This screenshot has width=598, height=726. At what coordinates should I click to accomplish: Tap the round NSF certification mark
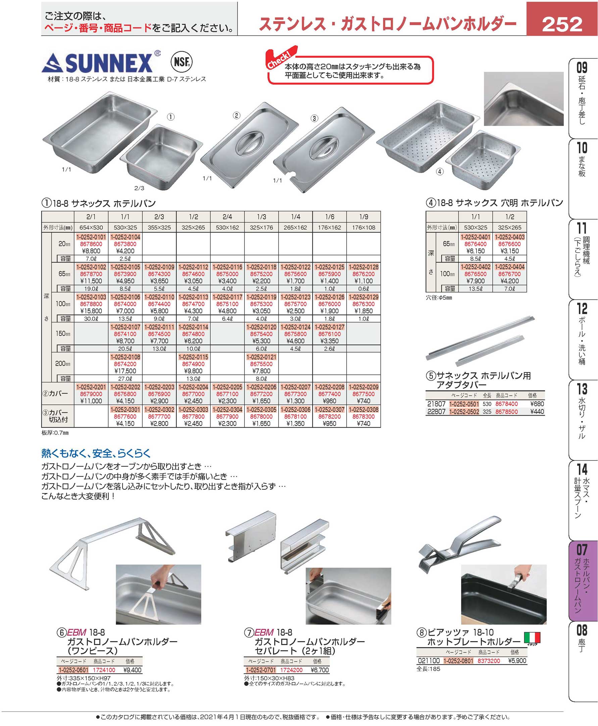pyautogui.click(x=182, y=62)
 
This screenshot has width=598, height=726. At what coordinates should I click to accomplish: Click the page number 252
pyautogui.click(x=562, y=24)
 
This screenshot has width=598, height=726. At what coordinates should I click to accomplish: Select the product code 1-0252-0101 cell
pyautogui.click(x=91, y=237)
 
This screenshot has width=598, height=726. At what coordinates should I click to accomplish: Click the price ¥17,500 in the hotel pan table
pyautogui.click(x=125, y=371)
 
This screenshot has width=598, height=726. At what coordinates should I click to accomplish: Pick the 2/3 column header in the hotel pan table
pyautogui.click(x=159, y=217)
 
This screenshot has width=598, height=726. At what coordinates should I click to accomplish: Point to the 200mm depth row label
pyautogui.click(x=63, y=363)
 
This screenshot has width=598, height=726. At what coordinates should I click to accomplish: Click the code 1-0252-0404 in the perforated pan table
pyautogui.click(x=509, y=267)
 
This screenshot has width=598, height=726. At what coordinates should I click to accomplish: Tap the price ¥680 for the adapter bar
pyautogui.click(x=537, y=404)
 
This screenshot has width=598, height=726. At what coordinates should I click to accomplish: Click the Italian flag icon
pyautogui.click(x=532, y=638)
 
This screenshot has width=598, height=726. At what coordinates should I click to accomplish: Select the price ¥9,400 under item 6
pyautogui.click(x=132, y=670)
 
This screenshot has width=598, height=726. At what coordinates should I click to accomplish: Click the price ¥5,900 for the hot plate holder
pyautogui.click(x=517, y=661)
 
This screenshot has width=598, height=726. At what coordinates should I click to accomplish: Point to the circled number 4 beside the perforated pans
pyautogui.click(x=440, y=172)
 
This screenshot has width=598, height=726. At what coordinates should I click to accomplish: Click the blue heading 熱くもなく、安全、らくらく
pyautogui.click(x=96, y=453)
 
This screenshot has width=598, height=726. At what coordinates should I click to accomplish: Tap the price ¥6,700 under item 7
pyautogui.click(x=320, y=670)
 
